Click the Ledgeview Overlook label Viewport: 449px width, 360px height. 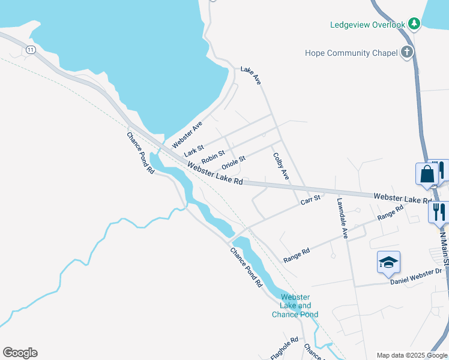coord(368,25)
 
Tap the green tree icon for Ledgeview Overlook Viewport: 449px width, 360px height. coord(414,24)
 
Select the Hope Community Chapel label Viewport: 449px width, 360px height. coord(351,53)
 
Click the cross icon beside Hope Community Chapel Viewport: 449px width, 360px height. coord(406,52)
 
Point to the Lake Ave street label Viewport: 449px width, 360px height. coord(251,75)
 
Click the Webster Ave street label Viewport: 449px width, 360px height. coord(187,134)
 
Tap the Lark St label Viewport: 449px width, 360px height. coord(194,148)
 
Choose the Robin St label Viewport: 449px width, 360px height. coord(213,157)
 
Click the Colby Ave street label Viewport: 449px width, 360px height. coord(281,166)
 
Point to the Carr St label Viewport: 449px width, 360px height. coord(312,199)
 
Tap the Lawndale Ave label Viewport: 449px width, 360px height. coord(342,218)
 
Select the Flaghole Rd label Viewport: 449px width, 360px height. coord(285,348)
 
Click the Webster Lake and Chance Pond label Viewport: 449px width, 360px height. coord(295,306)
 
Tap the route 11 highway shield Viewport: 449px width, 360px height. coord(31,50)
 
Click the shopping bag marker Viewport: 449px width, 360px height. coord(427,174)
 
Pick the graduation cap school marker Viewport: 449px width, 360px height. coord(388,262)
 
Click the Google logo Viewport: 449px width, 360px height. coord(20,353)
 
